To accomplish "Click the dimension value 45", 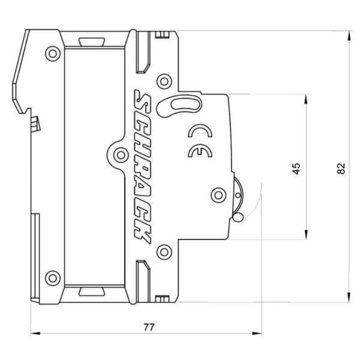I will coord(295,168).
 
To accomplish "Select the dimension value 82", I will coord(341,168).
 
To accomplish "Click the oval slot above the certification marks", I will coord(178,105).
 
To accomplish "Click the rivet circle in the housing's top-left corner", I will coord(53,55).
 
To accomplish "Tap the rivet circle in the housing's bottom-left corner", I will coord(53,277).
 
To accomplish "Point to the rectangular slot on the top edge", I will coord(90,41).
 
